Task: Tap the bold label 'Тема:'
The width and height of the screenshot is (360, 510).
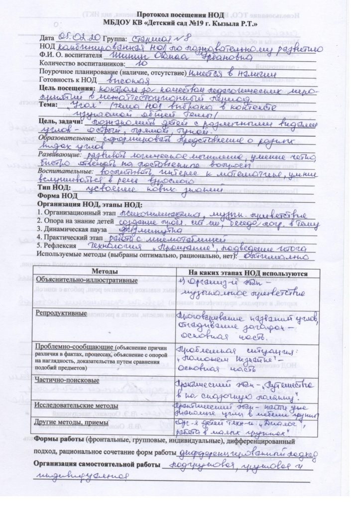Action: pyautogui.click(x=48, y=107)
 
